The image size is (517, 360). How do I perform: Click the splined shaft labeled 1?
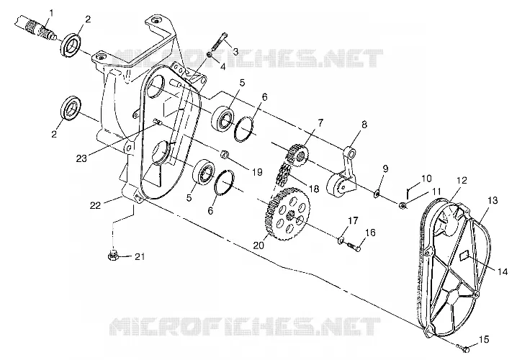35,27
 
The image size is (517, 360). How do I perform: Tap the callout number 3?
235,52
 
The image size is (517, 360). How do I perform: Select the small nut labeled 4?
210,54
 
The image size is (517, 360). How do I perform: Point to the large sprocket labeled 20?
287,214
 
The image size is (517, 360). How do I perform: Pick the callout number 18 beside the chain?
314,189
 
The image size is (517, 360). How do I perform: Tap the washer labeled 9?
377,194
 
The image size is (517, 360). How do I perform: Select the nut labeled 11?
402,206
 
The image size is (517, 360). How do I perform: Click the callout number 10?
426,179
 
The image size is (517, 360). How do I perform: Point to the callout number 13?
493,200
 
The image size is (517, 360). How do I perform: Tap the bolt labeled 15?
462,347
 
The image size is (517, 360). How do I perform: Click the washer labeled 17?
341,239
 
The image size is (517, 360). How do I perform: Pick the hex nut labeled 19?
224,154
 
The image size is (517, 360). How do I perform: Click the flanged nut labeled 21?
113,256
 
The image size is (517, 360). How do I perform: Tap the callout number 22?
95,205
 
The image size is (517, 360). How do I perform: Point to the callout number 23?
81,158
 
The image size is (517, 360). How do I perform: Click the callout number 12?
462,181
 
